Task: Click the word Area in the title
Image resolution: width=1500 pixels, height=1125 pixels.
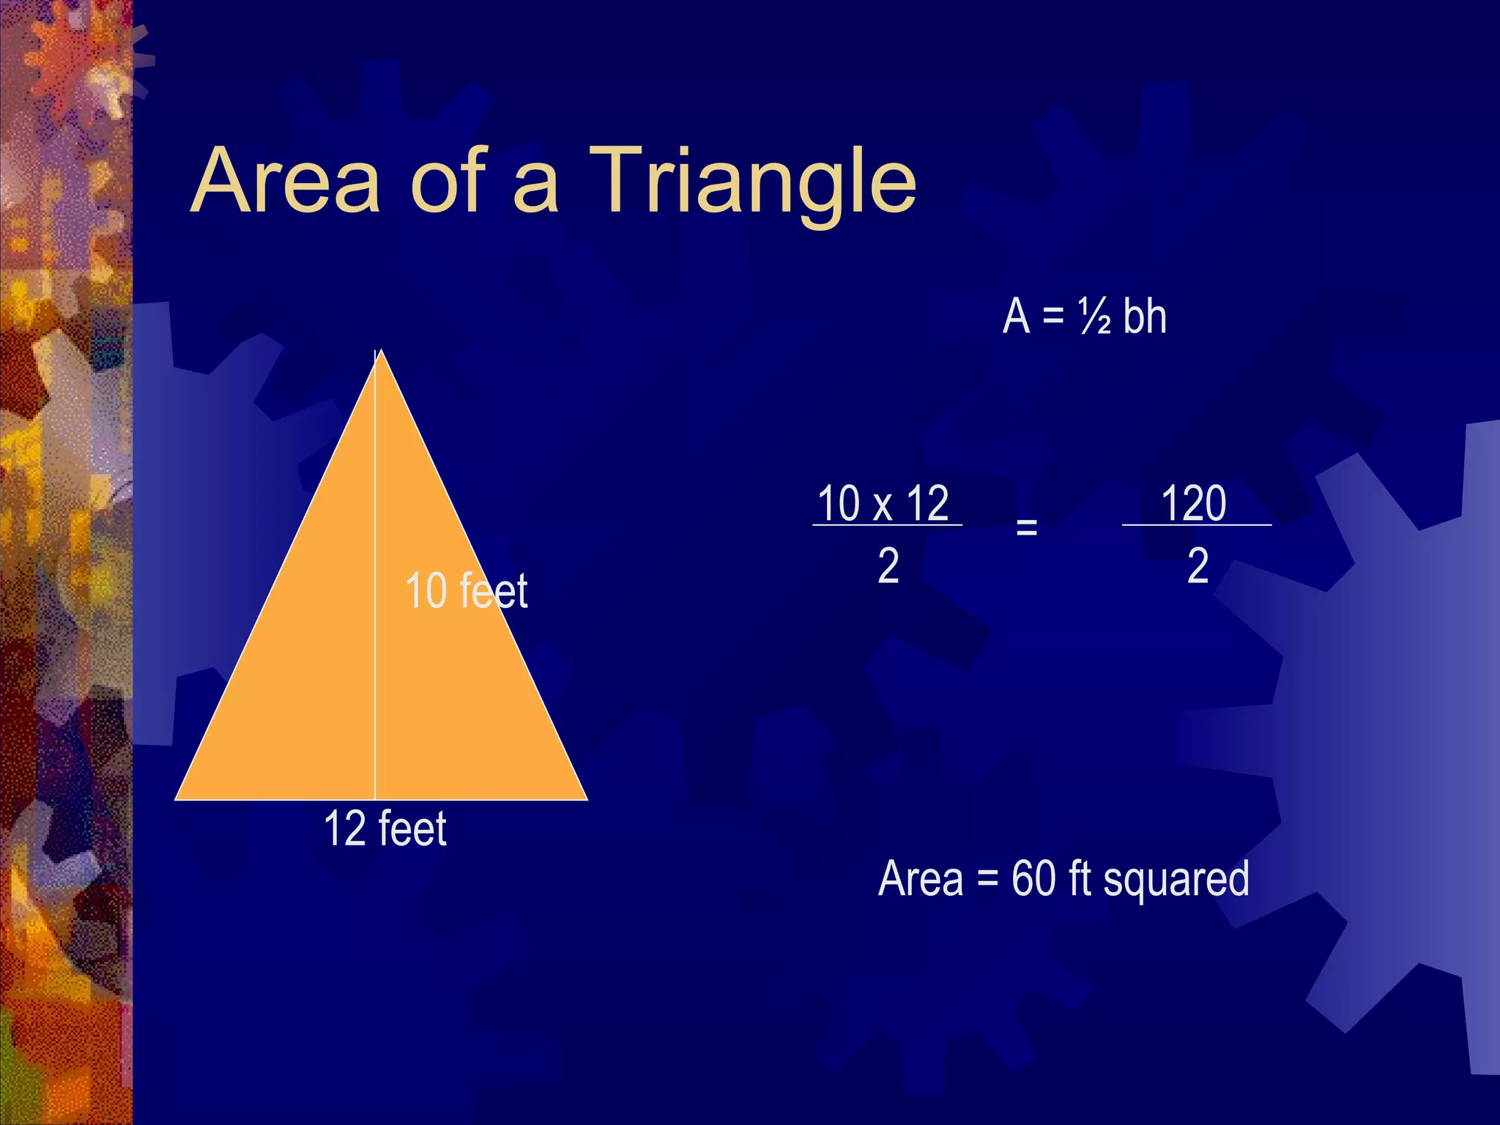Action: [286, 182]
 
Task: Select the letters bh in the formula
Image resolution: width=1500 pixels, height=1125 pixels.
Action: [1145, 316]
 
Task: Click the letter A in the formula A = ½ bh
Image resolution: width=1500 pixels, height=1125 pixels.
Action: [1017, 316]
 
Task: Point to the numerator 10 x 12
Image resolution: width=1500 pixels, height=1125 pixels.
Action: [883, 503]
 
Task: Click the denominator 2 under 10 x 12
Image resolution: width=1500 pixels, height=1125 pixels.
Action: [888, 566]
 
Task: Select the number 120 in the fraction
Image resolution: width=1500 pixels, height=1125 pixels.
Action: [1194, 503]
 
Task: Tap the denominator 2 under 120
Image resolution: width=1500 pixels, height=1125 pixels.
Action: [1198, 566]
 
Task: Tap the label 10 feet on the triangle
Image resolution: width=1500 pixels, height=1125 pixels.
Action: [466, 590]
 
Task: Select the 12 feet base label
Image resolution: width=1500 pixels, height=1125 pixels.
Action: [385, 828]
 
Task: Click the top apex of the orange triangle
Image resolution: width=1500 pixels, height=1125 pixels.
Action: [379, 352]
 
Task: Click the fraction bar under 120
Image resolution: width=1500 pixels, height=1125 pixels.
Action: [1197, 525]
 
